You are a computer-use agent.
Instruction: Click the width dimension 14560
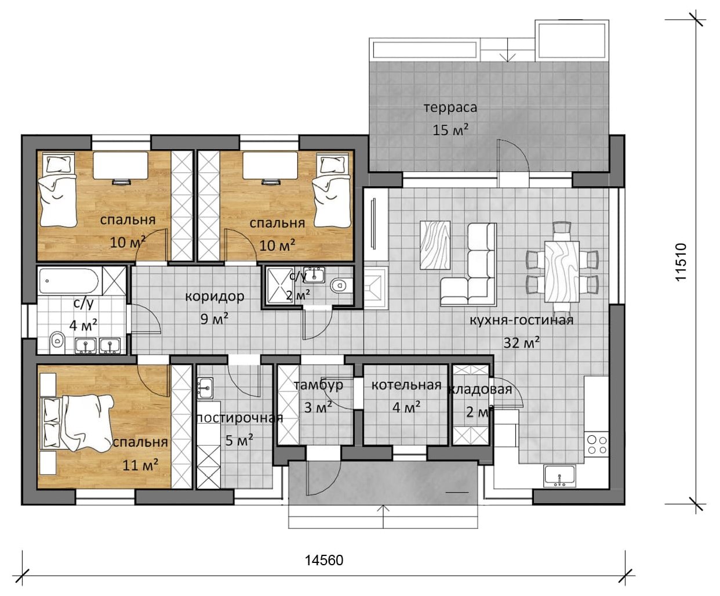pyautogui.click(x=324, y=560)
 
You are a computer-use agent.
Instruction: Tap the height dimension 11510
pyautogui.click(x=681, y=262)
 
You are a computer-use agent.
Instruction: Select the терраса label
pyautogui.click(x=450, y=107)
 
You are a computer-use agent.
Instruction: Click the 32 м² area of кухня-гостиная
pyautogui.click(x=521, y=343)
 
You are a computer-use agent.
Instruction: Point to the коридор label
pyautogui.click(x=214, y=297)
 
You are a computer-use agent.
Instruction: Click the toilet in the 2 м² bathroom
pyautogui.click(x=341, y=285)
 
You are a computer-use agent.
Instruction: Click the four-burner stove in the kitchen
pyautogui.click(x=597, y=445)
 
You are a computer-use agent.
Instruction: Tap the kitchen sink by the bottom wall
pyautogui.click(x=559, y=476)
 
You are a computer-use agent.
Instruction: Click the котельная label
pyautogui.click(x=406, y=385)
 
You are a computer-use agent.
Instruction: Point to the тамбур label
pyautogui.click(x=318, y=385)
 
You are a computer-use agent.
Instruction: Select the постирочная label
pyautogui.click(x=239, y=418)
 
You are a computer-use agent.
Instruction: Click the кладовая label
pyautogui.click(x=479, y=389)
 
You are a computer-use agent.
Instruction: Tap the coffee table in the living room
pyautogui.click(x=435, y=245)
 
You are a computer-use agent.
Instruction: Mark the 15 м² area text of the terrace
pyautogui.click(x=450, y=130)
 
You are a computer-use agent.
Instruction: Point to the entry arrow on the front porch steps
pyautogui.click(x=383, y=516)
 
